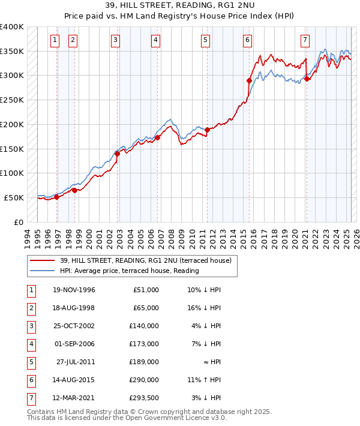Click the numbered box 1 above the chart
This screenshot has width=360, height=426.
[55, 40]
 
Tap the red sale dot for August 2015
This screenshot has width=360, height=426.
[248, 80]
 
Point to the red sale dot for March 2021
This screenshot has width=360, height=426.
[307, 78]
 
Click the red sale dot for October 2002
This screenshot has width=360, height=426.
[117, 154]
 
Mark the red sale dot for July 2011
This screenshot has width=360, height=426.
[207, 130]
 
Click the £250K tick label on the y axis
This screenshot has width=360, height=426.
[11, 100]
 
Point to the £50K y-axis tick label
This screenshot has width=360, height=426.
[14, 197]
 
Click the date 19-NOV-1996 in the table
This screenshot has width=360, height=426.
[74, 290]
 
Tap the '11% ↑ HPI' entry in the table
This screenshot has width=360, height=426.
[203, 380]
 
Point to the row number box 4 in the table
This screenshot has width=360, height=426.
[30, 344]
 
